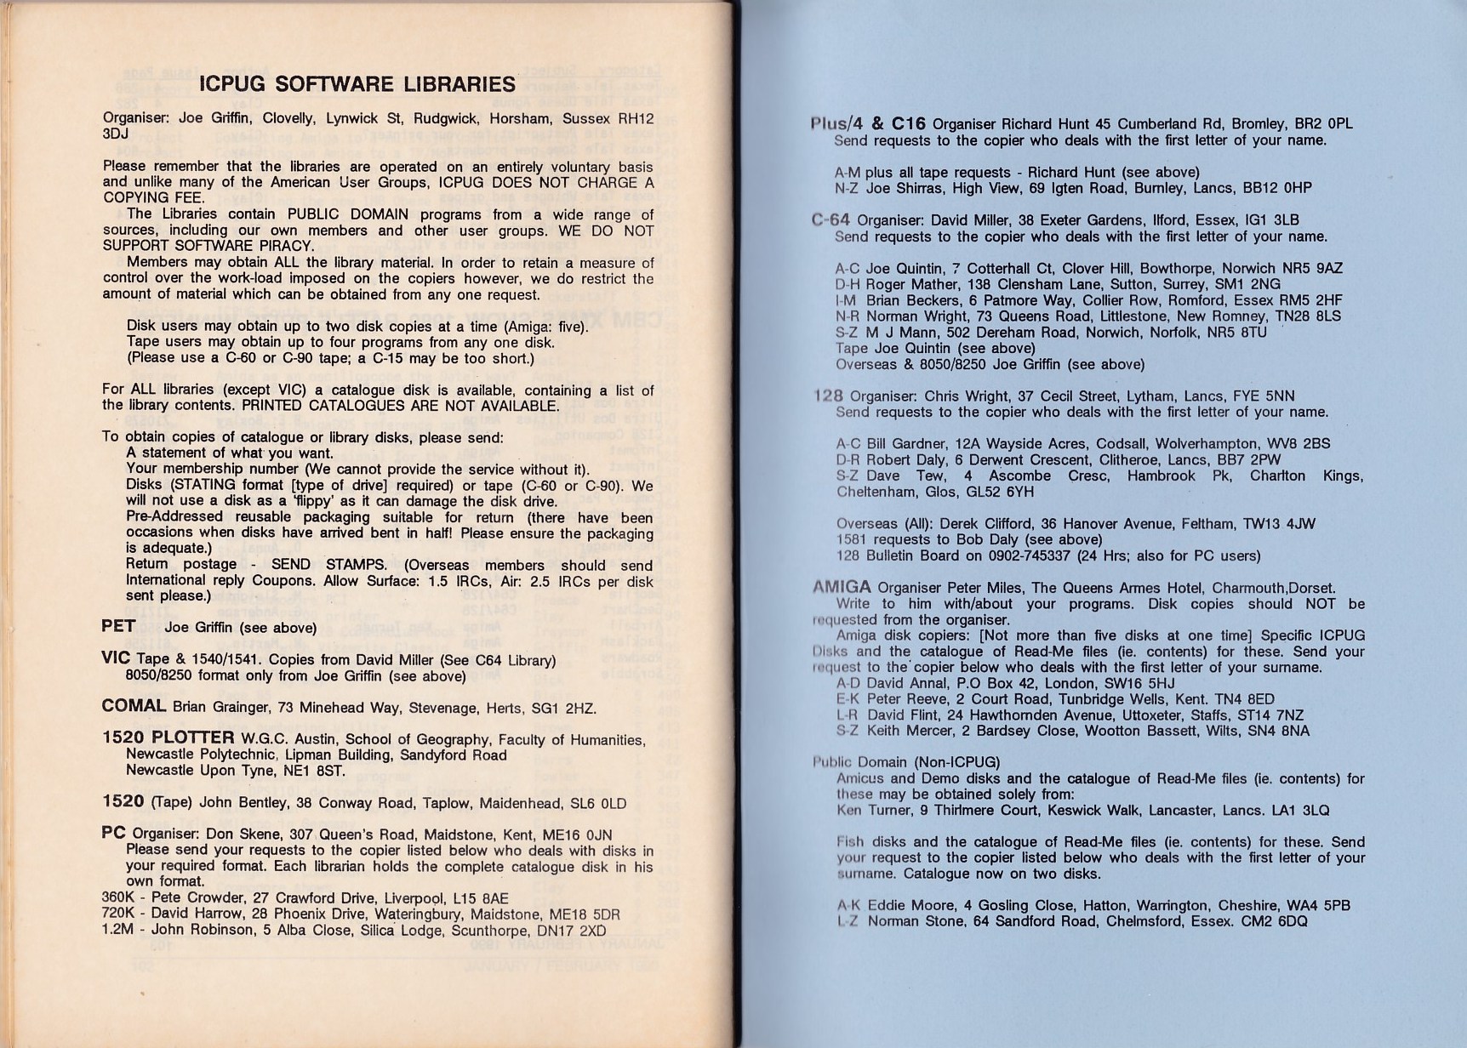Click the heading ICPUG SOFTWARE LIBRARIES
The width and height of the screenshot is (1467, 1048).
(x=357, y=84)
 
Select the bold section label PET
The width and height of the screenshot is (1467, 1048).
(x=118, y=626)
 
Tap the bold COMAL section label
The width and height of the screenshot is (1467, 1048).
(x=134, y=706)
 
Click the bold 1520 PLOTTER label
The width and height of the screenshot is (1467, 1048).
(x=168, y=738)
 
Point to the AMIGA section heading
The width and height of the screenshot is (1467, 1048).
(x=842, y=587)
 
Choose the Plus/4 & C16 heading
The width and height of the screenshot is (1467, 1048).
(x=868, y=123)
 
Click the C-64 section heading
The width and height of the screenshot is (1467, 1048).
(x=831, y=219)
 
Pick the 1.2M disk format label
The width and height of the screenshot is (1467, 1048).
(x=118, y=930)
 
